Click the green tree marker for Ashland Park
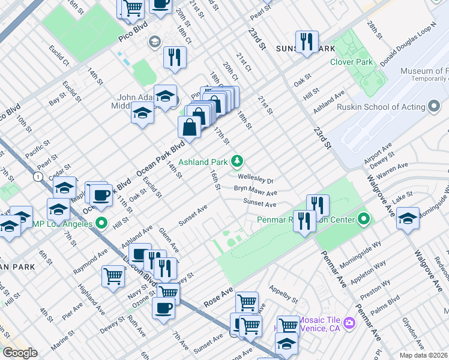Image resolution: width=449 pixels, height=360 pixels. pos(238,160)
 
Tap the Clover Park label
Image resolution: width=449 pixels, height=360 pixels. pos(351,62)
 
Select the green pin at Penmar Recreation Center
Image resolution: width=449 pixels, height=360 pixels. pos(364,220)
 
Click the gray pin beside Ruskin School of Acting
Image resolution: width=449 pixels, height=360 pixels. pos(433,107)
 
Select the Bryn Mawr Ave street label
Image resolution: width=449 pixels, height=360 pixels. pos(255,193)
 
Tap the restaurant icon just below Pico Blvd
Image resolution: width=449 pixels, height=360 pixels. pos(175,57)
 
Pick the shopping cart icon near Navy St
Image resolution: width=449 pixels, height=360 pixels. pos(112,276)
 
